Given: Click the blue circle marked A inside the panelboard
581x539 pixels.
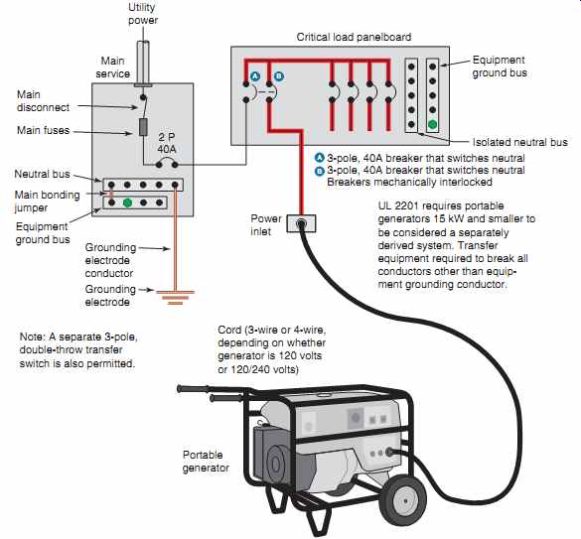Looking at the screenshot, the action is (255, 76).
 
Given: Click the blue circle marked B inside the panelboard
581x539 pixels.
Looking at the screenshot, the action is (279, 76).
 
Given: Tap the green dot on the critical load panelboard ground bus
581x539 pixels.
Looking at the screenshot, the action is (432, 124).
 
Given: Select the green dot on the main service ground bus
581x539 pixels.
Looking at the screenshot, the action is (127, 202).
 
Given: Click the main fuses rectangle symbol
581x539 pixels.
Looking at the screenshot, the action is (143, 127).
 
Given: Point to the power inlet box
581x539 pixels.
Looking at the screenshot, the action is (301, 223).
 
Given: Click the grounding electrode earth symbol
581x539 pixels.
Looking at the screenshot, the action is (175, 298).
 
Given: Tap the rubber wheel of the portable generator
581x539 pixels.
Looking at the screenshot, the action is (406, 501).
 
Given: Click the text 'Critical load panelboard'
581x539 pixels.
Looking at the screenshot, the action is (354, 37).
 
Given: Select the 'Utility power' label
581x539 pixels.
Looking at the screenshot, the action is (143, 14).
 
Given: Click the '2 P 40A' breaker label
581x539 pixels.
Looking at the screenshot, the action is (167, 143).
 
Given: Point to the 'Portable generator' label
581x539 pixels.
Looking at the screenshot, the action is (206, 462).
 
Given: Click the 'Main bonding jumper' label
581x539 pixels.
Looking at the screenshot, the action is (47, 202).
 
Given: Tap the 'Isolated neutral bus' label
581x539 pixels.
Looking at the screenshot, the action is (519, 142).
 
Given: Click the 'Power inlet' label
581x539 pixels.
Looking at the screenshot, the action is (266, 225).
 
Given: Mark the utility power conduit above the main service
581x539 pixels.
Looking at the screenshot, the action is (143, 63).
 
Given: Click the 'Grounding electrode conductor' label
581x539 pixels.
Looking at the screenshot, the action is (110, 260).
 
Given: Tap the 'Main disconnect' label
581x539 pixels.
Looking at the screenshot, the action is (43, 101).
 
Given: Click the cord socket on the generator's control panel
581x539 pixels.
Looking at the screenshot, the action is (389, 452).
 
